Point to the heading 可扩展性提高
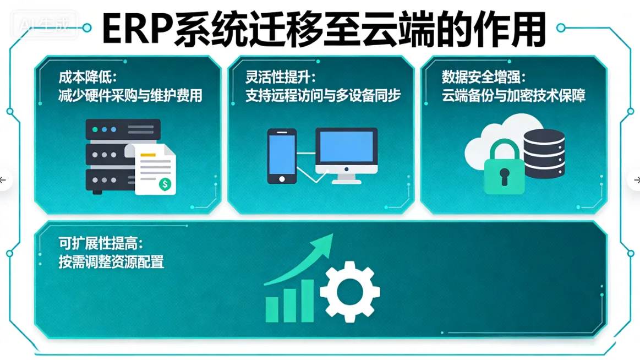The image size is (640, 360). (100, 243)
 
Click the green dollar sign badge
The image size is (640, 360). (165, 184)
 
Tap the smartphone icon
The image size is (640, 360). (281, 156)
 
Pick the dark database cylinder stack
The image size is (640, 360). (544, 153)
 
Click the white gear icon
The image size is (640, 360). (349, 292)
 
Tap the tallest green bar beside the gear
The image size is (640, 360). (307, 301)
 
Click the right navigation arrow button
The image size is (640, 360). (636, 180)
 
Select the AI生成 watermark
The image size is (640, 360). (46, 25)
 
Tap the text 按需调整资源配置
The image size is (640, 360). (111, 261)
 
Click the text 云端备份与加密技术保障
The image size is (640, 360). (513, 96)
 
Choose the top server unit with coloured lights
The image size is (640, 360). (123, 129)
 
